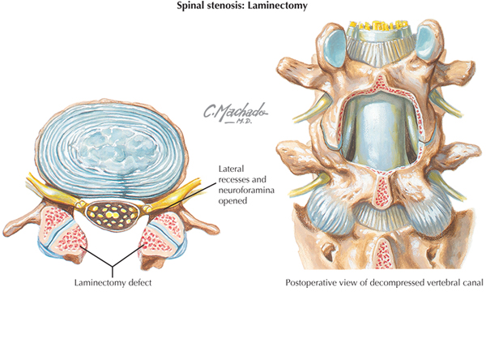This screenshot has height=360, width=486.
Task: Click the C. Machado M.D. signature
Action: click(x=235, y=113)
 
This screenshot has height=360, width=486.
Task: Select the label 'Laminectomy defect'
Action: click(x=113, y=283)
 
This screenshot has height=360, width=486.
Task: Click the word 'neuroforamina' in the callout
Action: click(x=246, y=190)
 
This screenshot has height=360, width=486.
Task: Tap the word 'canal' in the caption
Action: click(x=473, y=283)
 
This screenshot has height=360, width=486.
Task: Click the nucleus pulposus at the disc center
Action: click(x=117, y=148)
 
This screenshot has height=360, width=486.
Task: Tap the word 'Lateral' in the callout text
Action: click(x=231, y=169)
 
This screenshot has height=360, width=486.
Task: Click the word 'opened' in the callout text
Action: click(x=232, y=201)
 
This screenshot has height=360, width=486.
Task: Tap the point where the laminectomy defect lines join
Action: click(x=113, y=267)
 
